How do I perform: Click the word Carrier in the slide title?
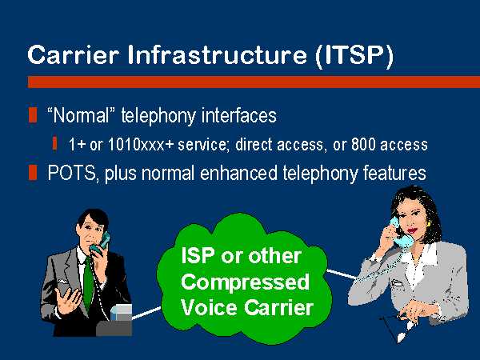pyautogui.click(x=73, y=55)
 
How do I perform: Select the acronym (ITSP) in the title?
pyautogui.click(x=354, y=56)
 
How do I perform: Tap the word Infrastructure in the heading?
pyautogui.click(x=218, y=55)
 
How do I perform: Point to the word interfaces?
pyautogui.click(x=238, y=116)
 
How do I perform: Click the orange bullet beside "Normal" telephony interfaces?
pyautogui.click(x=33, y=115)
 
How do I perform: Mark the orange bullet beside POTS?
pyautogui.click(x=33, y=172)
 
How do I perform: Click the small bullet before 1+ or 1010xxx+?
pyautogui.click(x=54, y=143)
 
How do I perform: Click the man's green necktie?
pyautogui.click(x=88, y=284)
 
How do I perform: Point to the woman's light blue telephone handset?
pyautogui.click(x=401, y=233)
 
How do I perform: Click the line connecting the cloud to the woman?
pyautogui.click(x=342, y=274)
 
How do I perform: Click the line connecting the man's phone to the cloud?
pyautogui.click(x=146, y=313)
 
